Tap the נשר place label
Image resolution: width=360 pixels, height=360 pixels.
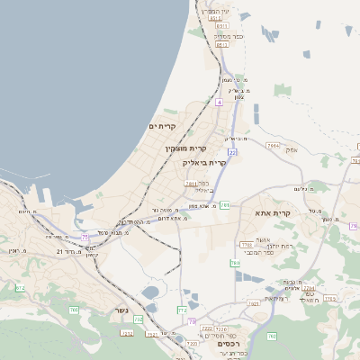point(121,312)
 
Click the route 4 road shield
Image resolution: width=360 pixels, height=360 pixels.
point(219,102)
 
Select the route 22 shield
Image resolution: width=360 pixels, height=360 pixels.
point(232,153)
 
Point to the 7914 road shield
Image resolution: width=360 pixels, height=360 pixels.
point(273,144)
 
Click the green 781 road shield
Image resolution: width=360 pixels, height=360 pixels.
point(224,206)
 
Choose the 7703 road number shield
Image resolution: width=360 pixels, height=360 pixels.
point(329,298)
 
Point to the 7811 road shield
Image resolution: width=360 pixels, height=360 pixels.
point(191,184)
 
